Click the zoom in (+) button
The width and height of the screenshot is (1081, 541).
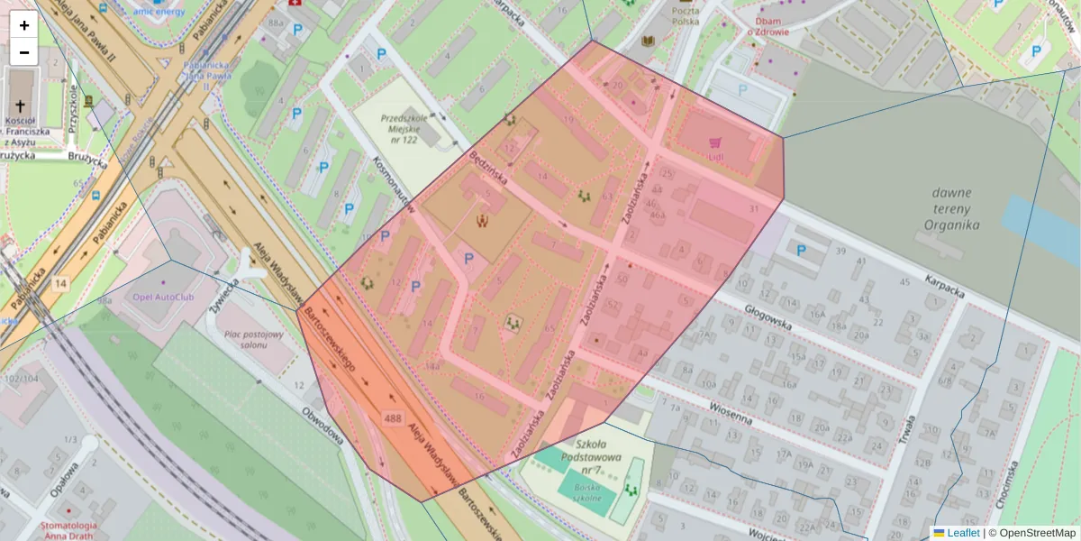point(24,25)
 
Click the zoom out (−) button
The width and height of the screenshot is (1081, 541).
point(24,52)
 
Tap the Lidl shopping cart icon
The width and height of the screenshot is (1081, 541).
point(715,142)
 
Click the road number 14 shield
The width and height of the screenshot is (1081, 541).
point(60,284)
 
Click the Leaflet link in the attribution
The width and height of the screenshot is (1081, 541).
point(963,533)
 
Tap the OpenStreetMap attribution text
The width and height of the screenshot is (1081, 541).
point(1031,533)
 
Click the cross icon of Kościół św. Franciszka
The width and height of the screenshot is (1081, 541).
point(21,105)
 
